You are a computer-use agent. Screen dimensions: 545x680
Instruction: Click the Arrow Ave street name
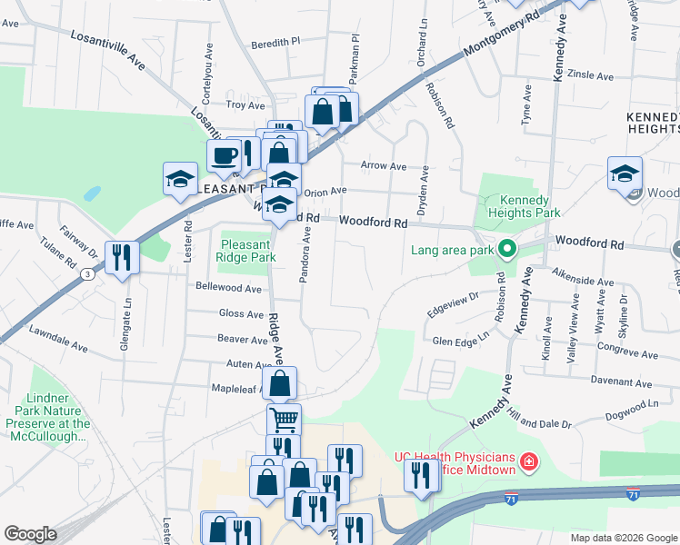point(383,166)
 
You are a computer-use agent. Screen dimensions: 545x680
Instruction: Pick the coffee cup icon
point(224,154)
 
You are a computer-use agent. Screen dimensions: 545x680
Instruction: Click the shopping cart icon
point(284,420)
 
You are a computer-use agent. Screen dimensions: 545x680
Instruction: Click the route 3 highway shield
point(85,273)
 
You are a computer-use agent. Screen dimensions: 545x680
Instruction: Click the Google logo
point(30,534)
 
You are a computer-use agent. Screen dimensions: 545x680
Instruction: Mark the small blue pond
point(92,193)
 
